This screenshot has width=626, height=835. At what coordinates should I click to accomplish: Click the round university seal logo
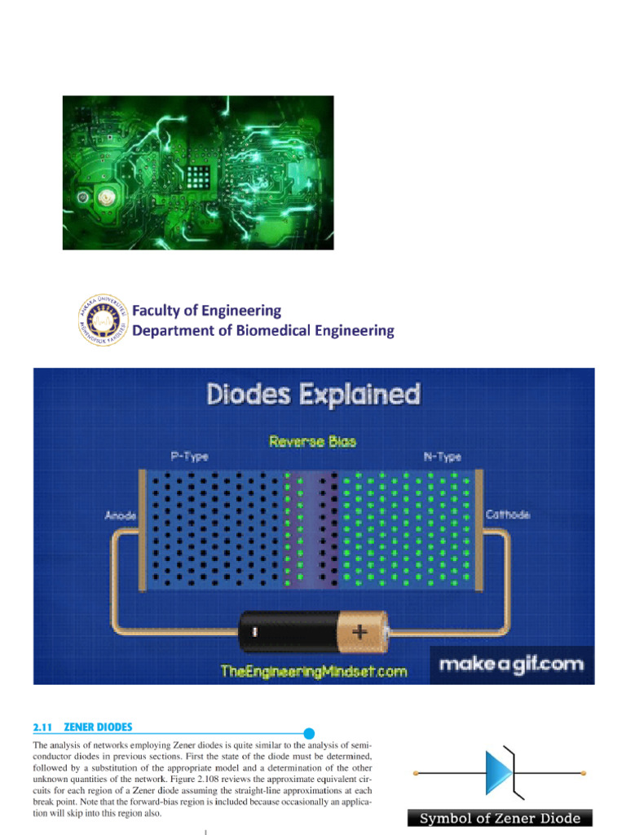pos(104,320)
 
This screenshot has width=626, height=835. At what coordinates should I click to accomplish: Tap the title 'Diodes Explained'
pos(314,395)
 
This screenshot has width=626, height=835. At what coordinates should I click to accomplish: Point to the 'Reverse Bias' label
pos(313,441)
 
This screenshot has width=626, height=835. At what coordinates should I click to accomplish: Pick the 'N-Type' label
pos(443,457)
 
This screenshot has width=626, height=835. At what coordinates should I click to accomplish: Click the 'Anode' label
pos(121,515)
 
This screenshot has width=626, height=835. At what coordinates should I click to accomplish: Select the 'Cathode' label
pos(509,515)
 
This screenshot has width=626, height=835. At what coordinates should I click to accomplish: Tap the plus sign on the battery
pos(360,630)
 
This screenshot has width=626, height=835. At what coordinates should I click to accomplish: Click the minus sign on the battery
pos(255,631)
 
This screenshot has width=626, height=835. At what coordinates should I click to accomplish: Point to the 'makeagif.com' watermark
pos(512,664)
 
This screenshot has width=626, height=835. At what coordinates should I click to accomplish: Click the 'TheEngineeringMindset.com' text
pos(314,671)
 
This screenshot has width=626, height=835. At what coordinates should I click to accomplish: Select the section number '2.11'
pos(42,727)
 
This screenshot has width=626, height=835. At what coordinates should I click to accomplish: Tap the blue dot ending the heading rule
pos(309,733)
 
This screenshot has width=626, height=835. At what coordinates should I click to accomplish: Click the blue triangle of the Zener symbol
pos(496,771)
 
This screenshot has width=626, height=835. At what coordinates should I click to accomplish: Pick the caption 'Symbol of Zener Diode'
pos(500,818)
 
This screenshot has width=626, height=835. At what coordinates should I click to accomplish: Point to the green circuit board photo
pos(198,173)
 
